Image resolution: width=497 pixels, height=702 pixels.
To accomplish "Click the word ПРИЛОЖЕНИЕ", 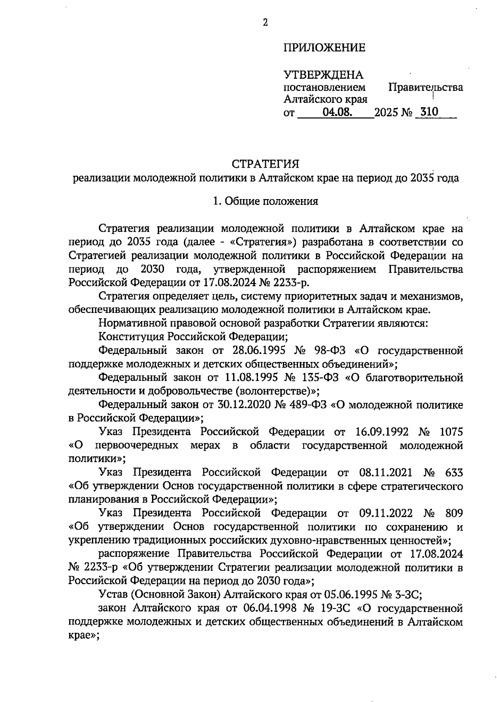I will click(x=324, y=48).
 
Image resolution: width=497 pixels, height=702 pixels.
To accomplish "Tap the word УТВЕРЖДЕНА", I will click(x=323, y=75).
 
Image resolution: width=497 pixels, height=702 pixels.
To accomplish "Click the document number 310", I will click(x=429, y=112).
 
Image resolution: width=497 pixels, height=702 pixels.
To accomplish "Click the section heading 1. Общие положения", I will click(x=265, y=202).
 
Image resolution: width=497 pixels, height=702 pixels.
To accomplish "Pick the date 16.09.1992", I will click(x=382, y=432).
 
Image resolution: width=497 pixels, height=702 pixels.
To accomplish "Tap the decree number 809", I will click(x=454, y=513).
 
